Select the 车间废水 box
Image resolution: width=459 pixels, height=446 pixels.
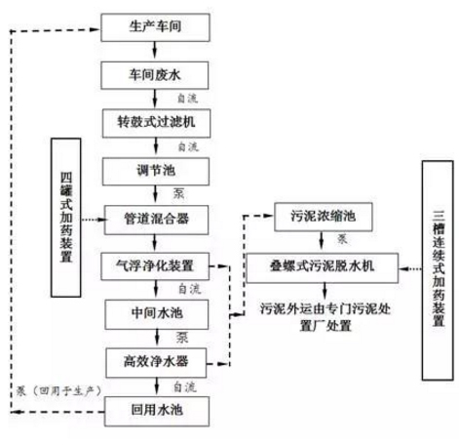[155, 73]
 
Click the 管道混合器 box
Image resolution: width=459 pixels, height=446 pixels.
[155, 218]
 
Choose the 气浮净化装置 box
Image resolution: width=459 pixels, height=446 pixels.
[155, 265]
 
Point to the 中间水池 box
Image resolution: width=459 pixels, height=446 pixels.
[155, 313]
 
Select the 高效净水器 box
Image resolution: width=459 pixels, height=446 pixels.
[155, 361]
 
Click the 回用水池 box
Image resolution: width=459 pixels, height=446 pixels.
[155, 410]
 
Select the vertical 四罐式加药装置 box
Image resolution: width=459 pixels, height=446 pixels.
[67, 217]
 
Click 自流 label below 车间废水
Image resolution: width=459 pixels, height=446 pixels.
[184, 99]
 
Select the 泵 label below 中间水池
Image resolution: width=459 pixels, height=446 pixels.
[180, 338]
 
